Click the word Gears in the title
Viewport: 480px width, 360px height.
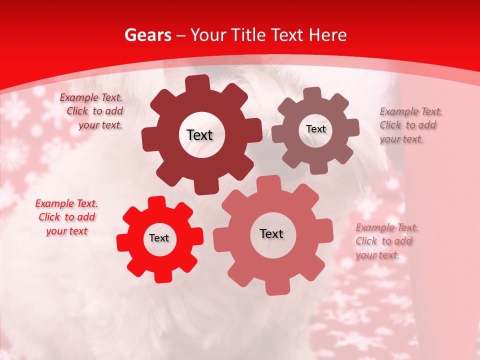click(147, 35)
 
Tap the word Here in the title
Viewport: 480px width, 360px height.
click(328, 35)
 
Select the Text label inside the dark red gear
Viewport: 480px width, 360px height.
click(199, 135)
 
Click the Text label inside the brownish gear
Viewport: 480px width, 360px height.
click(315, 129)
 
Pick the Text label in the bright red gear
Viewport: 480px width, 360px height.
click(159, 238)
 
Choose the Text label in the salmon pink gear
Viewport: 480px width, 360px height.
click(271, 233)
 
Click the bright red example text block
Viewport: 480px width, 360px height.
click(66, 217)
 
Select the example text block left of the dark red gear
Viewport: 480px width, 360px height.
click(92, 111)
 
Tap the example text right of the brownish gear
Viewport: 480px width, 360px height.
click(410, 125)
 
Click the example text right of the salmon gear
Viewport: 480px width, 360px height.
click(386, 241)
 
